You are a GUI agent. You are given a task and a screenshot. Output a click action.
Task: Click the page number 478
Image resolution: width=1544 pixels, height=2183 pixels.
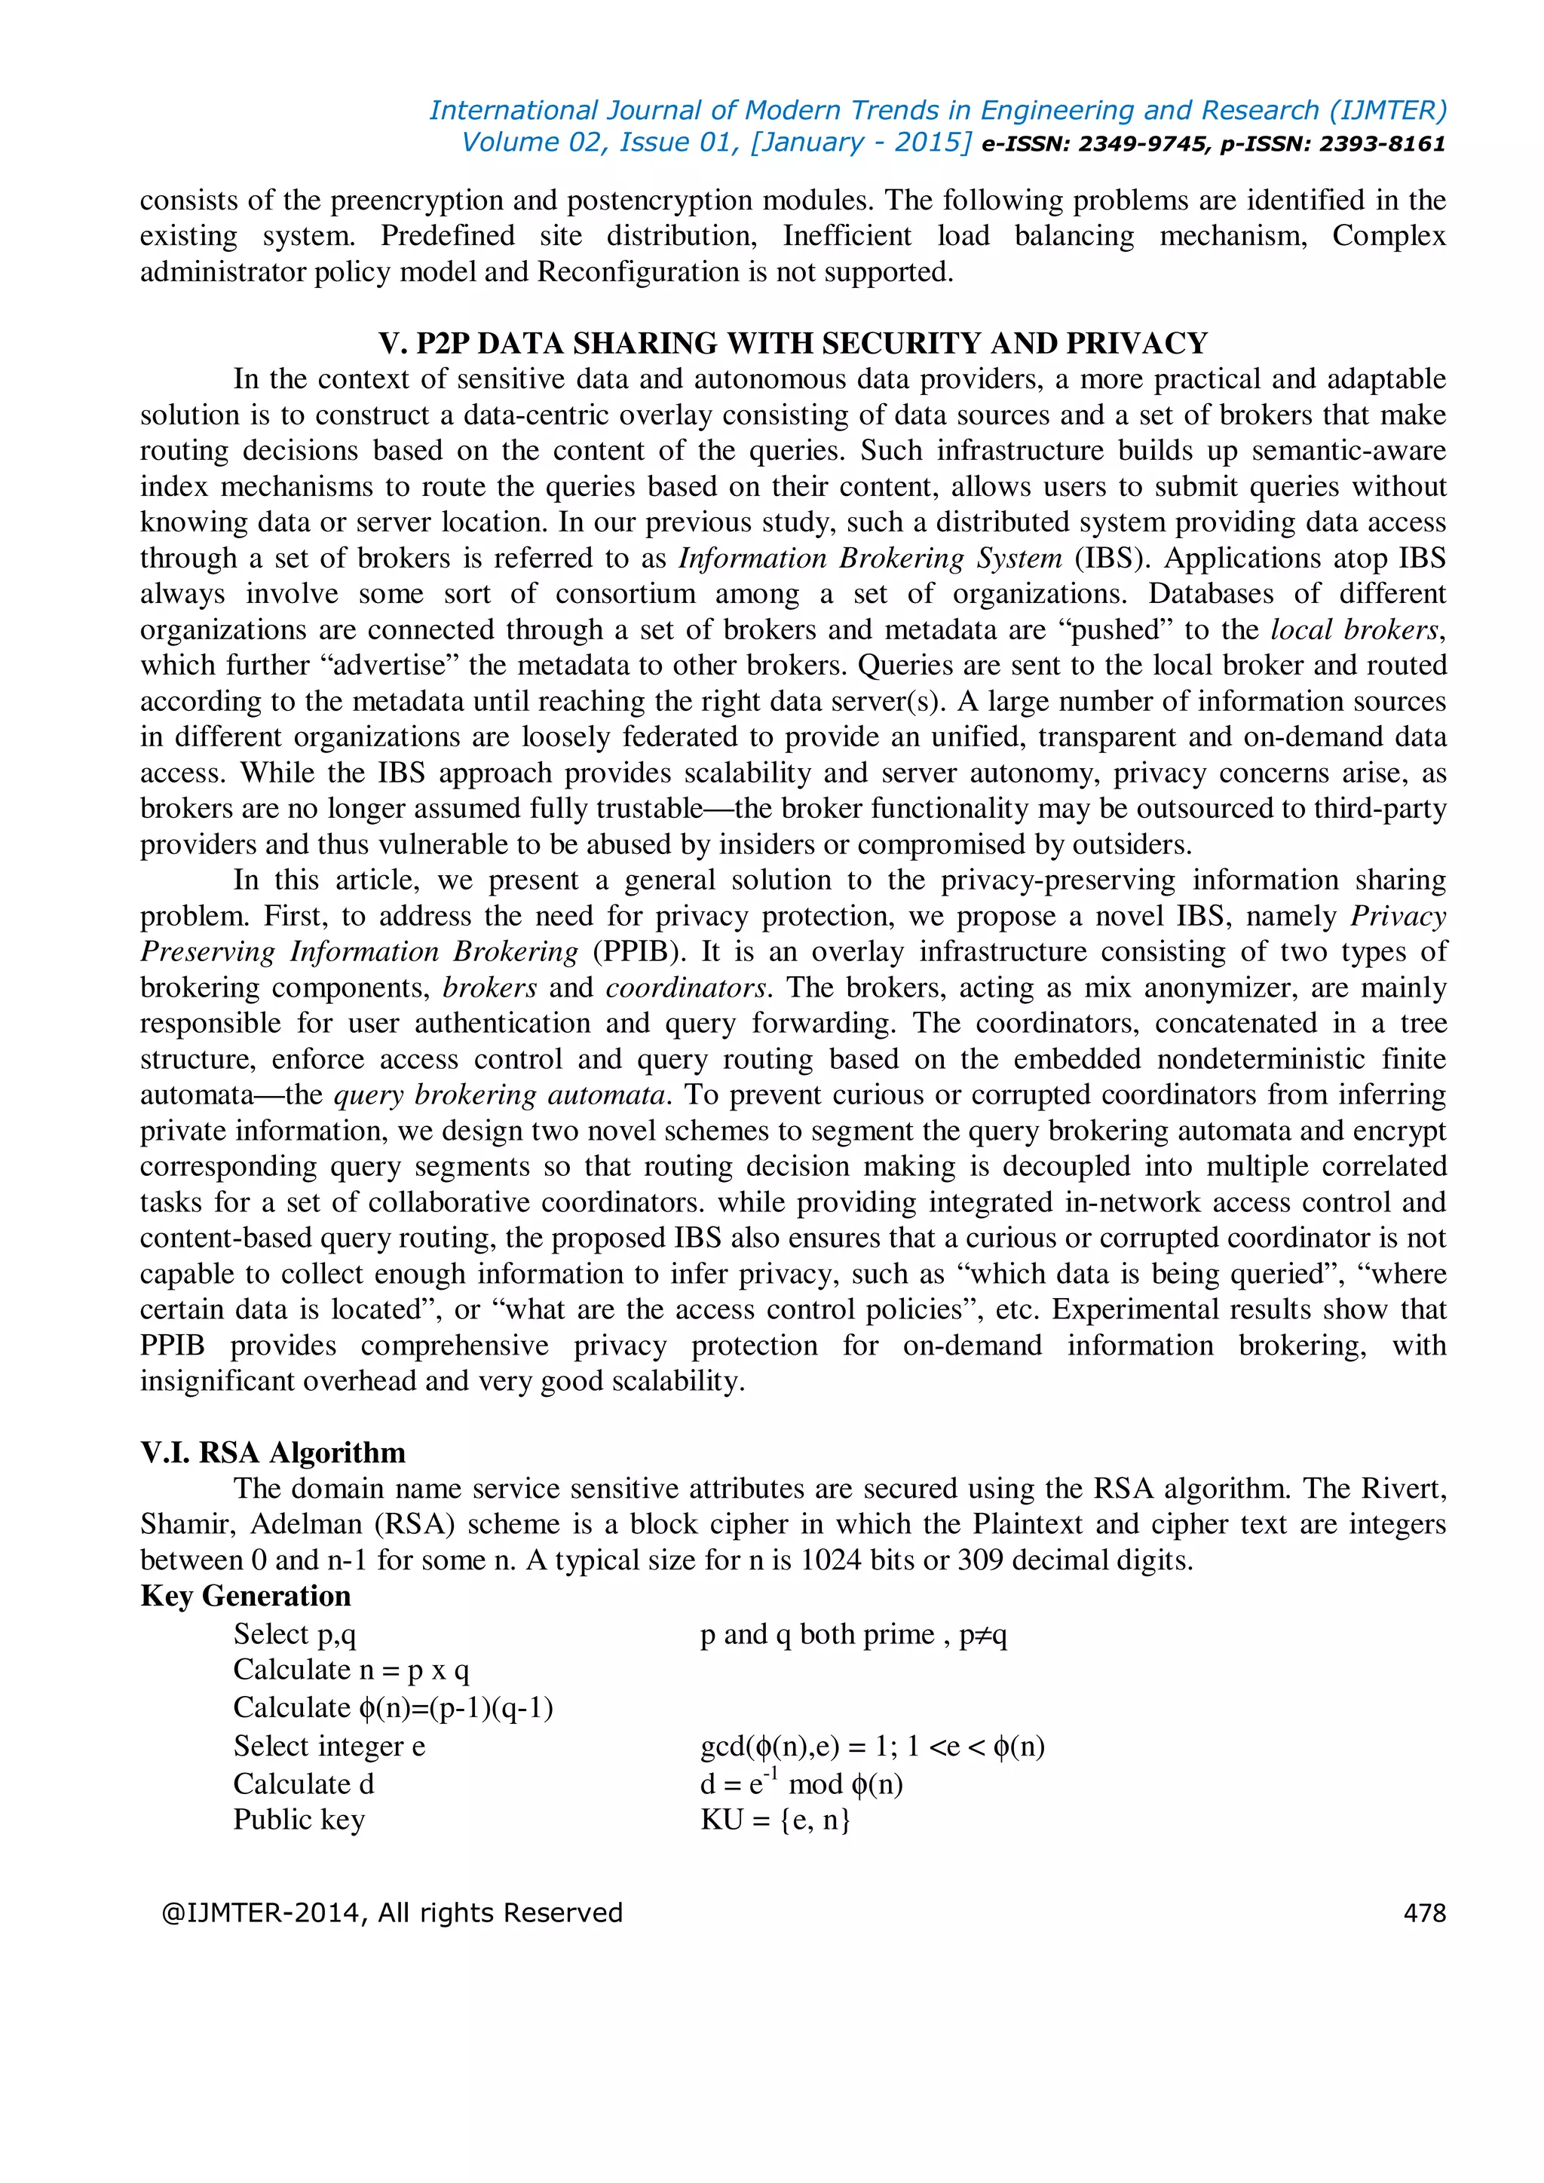pos(1423,1912)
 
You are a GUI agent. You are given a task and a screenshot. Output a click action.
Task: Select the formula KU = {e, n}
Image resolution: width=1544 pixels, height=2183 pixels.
pos(775,1819)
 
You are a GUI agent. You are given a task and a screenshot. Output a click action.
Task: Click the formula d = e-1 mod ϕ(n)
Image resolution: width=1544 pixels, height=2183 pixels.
pos(801,1783)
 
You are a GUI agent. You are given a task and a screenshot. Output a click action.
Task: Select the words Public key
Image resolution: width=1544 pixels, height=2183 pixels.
pos(299,1819)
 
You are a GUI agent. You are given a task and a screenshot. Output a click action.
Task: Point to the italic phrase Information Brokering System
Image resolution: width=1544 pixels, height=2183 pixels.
pos(869,557)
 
